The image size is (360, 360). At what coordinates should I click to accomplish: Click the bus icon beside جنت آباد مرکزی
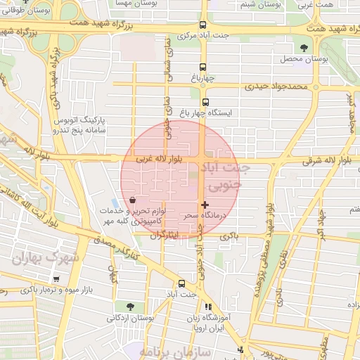click(203, 24)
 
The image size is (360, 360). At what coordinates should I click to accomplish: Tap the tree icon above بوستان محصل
click(304, 47)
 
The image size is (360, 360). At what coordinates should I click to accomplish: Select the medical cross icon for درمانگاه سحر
click(205, 205)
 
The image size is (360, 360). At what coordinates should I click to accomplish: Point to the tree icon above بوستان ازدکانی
click(130, 306)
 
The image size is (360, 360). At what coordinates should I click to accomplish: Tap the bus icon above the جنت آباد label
click(183, 284)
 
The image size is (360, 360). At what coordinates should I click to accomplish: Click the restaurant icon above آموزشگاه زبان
click(207, 307)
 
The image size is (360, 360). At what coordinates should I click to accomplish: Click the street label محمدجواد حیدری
click(276, 87)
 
